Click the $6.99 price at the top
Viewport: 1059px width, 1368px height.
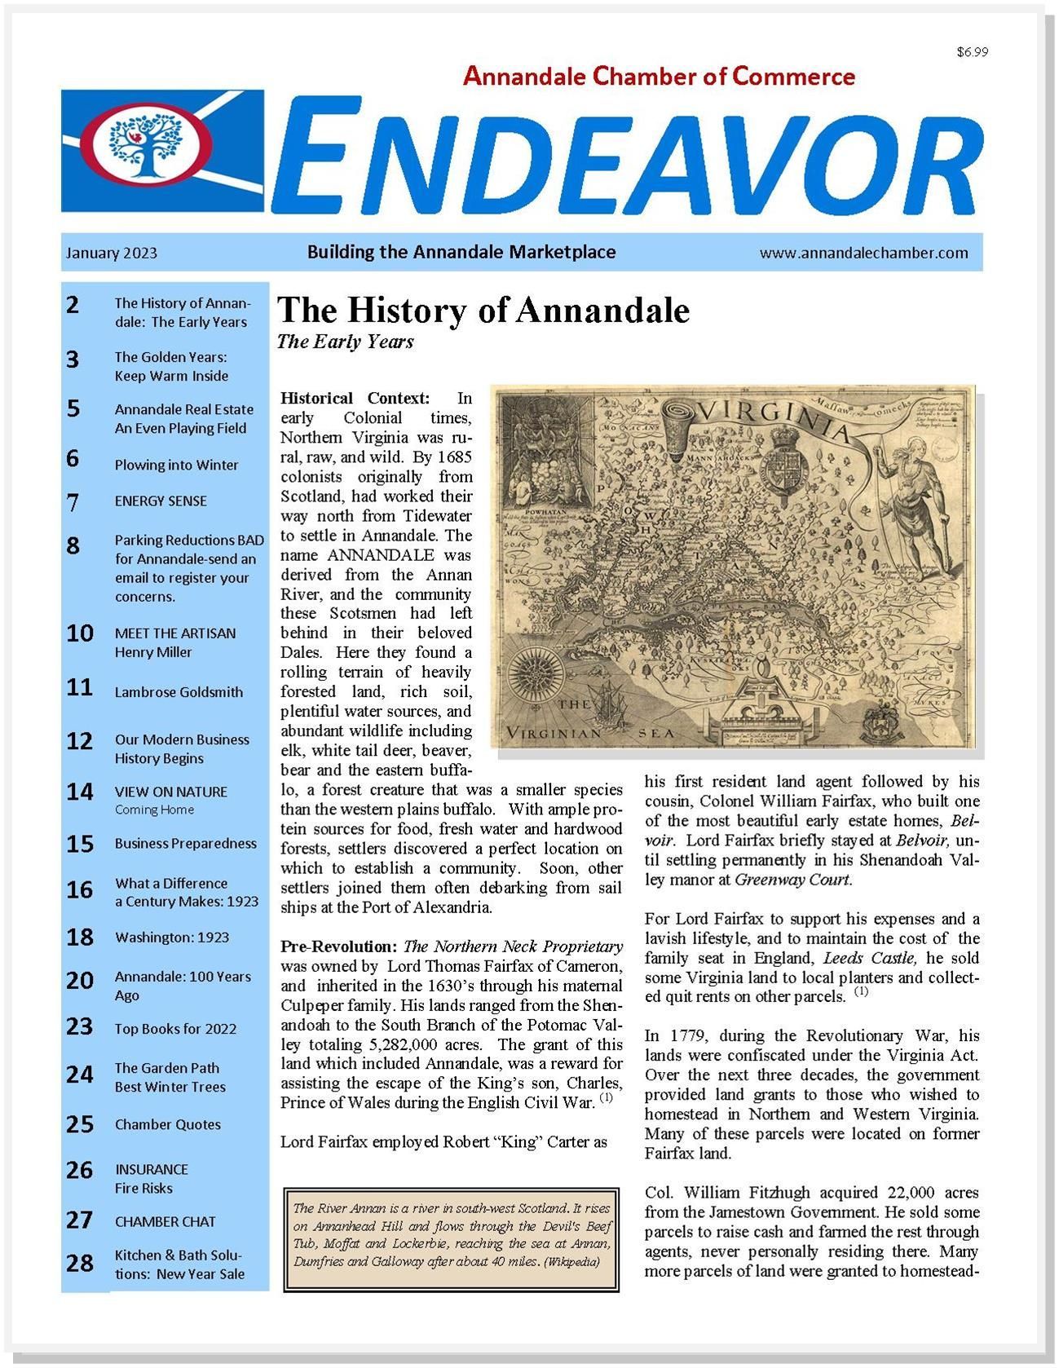[x=972, y=52]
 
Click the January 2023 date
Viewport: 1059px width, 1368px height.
[x=112, y=253]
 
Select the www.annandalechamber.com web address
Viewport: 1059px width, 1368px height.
[x=863, y=253]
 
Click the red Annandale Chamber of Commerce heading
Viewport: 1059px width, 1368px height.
[x=659, y=77]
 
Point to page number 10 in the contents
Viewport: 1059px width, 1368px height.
[x=80, y=633]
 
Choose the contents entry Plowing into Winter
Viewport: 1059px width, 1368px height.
[x=176, y=465]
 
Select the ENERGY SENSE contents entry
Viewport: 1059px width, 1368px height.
[x=161, y=501]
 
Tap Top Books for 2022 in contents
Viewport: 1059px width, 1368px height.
[x=175, y=1029]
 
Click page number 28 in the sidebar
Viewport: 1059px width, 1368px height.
[x=80, y=1264]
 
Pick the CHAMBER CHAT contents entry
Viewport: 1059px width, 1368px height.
[x=165, y=1221]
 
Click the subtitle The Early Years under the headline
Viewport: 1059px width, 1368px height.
[x=345, y=342]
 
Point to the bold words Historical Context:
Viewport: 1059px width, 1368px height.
[x=355, y=399]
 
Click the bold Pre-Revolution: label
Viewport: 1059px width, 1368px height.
[x=339, y=947]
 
